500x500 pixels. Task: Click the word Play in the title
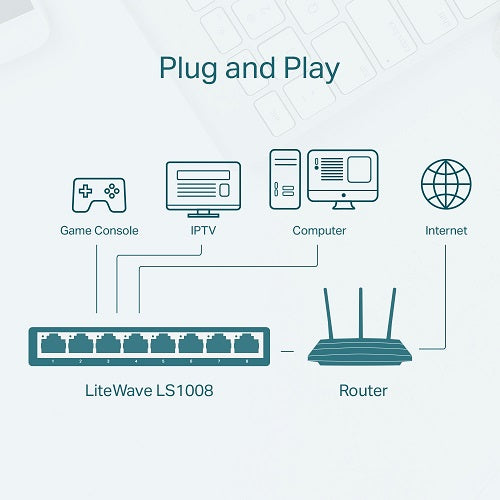[306, 69]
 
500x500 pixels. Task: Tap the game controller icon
[98, 194]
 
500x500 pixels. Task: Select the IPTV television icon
[203, 189]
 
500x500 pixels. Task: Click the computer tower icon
[283, 181]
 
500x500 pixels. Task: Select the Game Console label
[99, 231]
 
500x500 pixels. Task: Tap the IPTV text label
[203, 231]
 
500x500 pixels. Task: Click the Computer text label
[319, 231]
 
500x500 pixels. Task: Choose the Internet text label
[446, 231]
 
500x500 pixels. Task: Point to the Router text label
[362, 389]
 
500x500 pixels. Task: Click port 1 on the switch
[52, 345]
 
